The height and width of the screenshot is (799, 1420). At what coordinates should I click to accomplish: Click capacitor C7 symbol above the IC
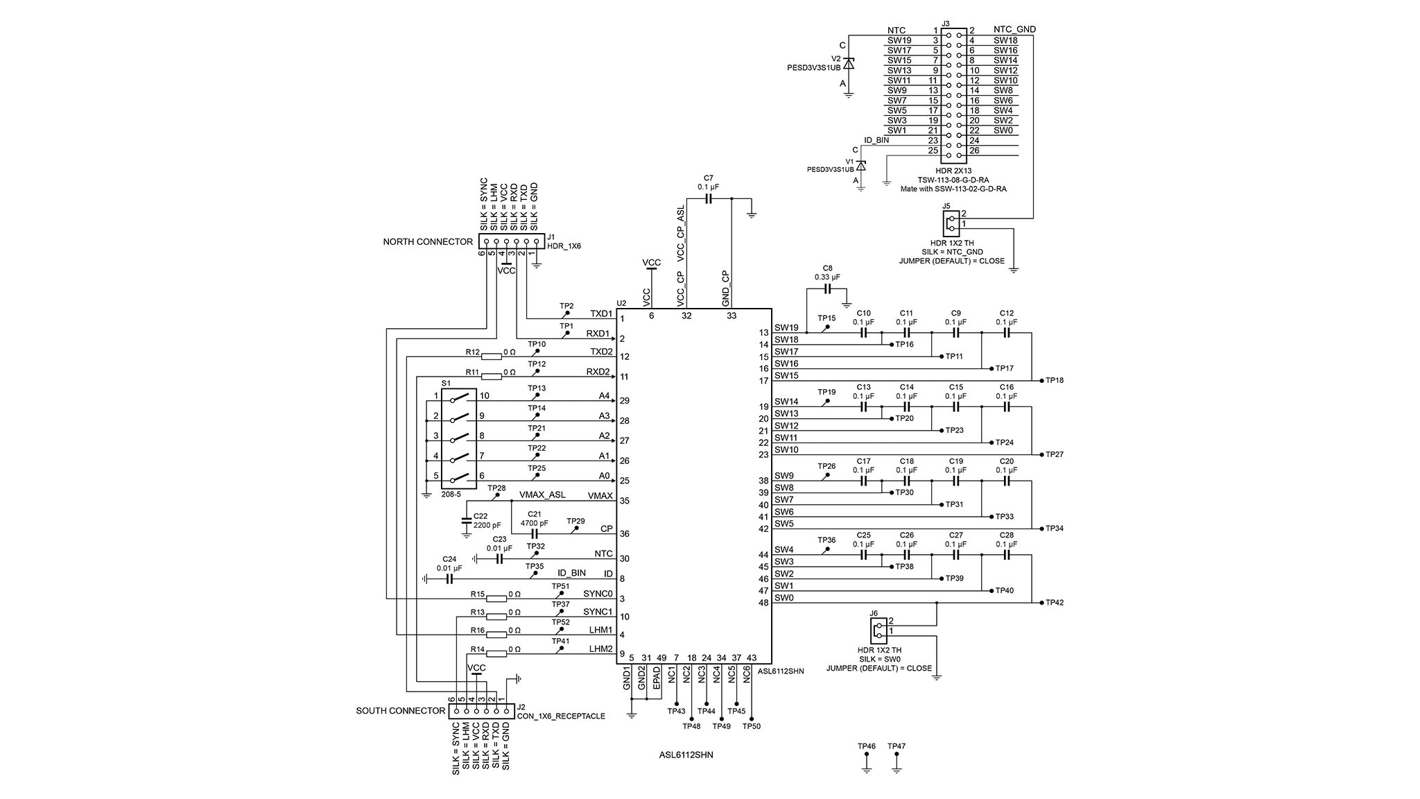coord(708,199)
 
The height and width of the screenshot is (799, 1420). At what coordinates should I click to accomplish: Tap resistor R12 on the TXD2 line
coord(492,357)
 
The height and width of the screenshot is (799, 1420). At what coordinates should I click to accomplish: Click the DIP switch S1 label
coord(446,383)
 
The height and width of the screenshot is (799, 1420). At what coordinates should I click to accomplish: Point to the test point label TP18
coord(1055,381)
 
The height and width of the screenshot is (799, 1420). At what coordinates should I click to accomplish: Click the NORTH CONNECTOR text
coord(428,242)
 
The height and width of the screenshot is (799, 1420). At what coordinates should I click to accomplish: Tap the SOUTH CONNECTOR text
coord(400,711)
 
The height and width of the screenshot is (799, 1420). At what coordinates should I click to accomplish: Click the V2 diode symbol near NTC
coord(848,64)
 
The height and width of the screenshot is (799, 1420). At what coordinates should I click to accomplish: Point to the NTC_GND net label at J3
coord(1014,30)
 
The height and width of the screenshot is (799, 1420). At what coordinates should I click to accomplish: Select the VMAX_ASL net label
coord(542,495)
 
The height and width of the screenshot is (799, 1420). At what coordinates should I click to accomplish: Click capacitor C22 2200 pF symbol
coord(466,520)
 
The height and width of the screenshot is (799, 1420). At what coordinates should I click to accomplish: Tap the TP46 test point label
coord(866,746)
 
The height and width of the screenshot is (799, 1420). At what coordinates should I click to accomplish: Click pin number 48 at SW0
coord(763,603)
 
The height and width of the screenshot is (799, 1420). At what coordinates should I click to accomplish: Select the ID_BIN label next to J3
coord(876,140)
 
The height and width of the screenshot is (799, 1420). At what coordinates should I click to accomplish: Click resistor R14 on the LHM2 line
coord(496,653)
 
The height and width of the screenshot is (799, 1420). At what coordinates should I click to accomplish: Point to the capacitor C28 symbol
coord(1007,555)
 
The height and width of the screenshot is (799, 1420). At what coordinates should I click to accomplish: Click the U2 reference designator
coord(621,303)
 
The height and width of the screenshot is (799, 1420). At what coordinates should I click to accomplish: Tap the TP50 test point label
coord(752,726)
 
